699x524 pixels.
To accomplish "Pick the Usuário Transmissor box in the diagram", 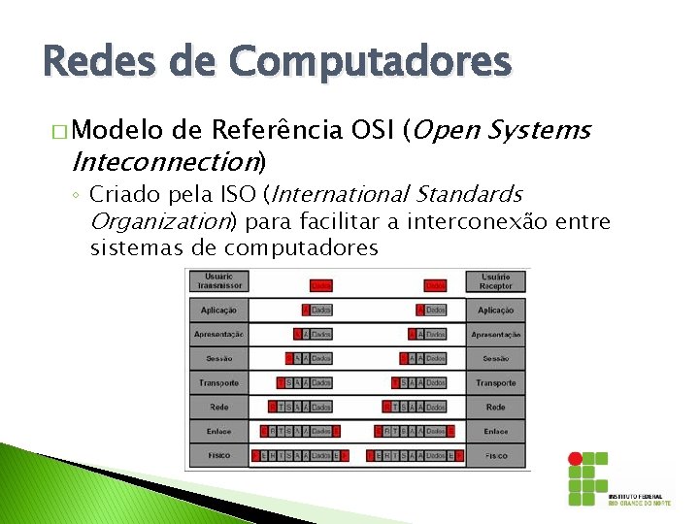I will coord(218,281).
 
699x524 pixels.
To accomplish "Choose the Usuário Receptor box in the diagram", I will coord(495,281).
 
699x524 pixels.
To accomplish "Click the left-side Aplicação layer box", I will coord(218,311).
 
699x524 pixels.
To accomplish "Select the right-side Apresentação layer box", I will coord(495,335).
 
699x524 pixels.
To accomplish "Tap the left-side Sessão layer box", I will coord(218,359).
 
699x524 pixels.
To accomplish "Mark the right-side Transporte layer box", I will coord(495,383).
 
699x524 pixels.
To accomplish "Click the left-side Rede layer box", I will coord(218,408).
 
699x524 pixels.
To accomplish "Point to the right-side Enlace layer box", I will coord(495,431).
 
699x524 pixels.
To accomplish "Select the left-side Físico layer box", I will coord(218,455).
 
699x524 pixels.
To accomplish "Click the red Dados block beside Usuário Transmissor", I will coord(321,285).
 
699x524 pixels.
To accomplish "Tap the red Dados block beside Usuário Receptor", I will coord(436,285).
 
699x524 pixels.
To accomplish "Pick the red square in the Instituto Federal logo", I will coord(576,457).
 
